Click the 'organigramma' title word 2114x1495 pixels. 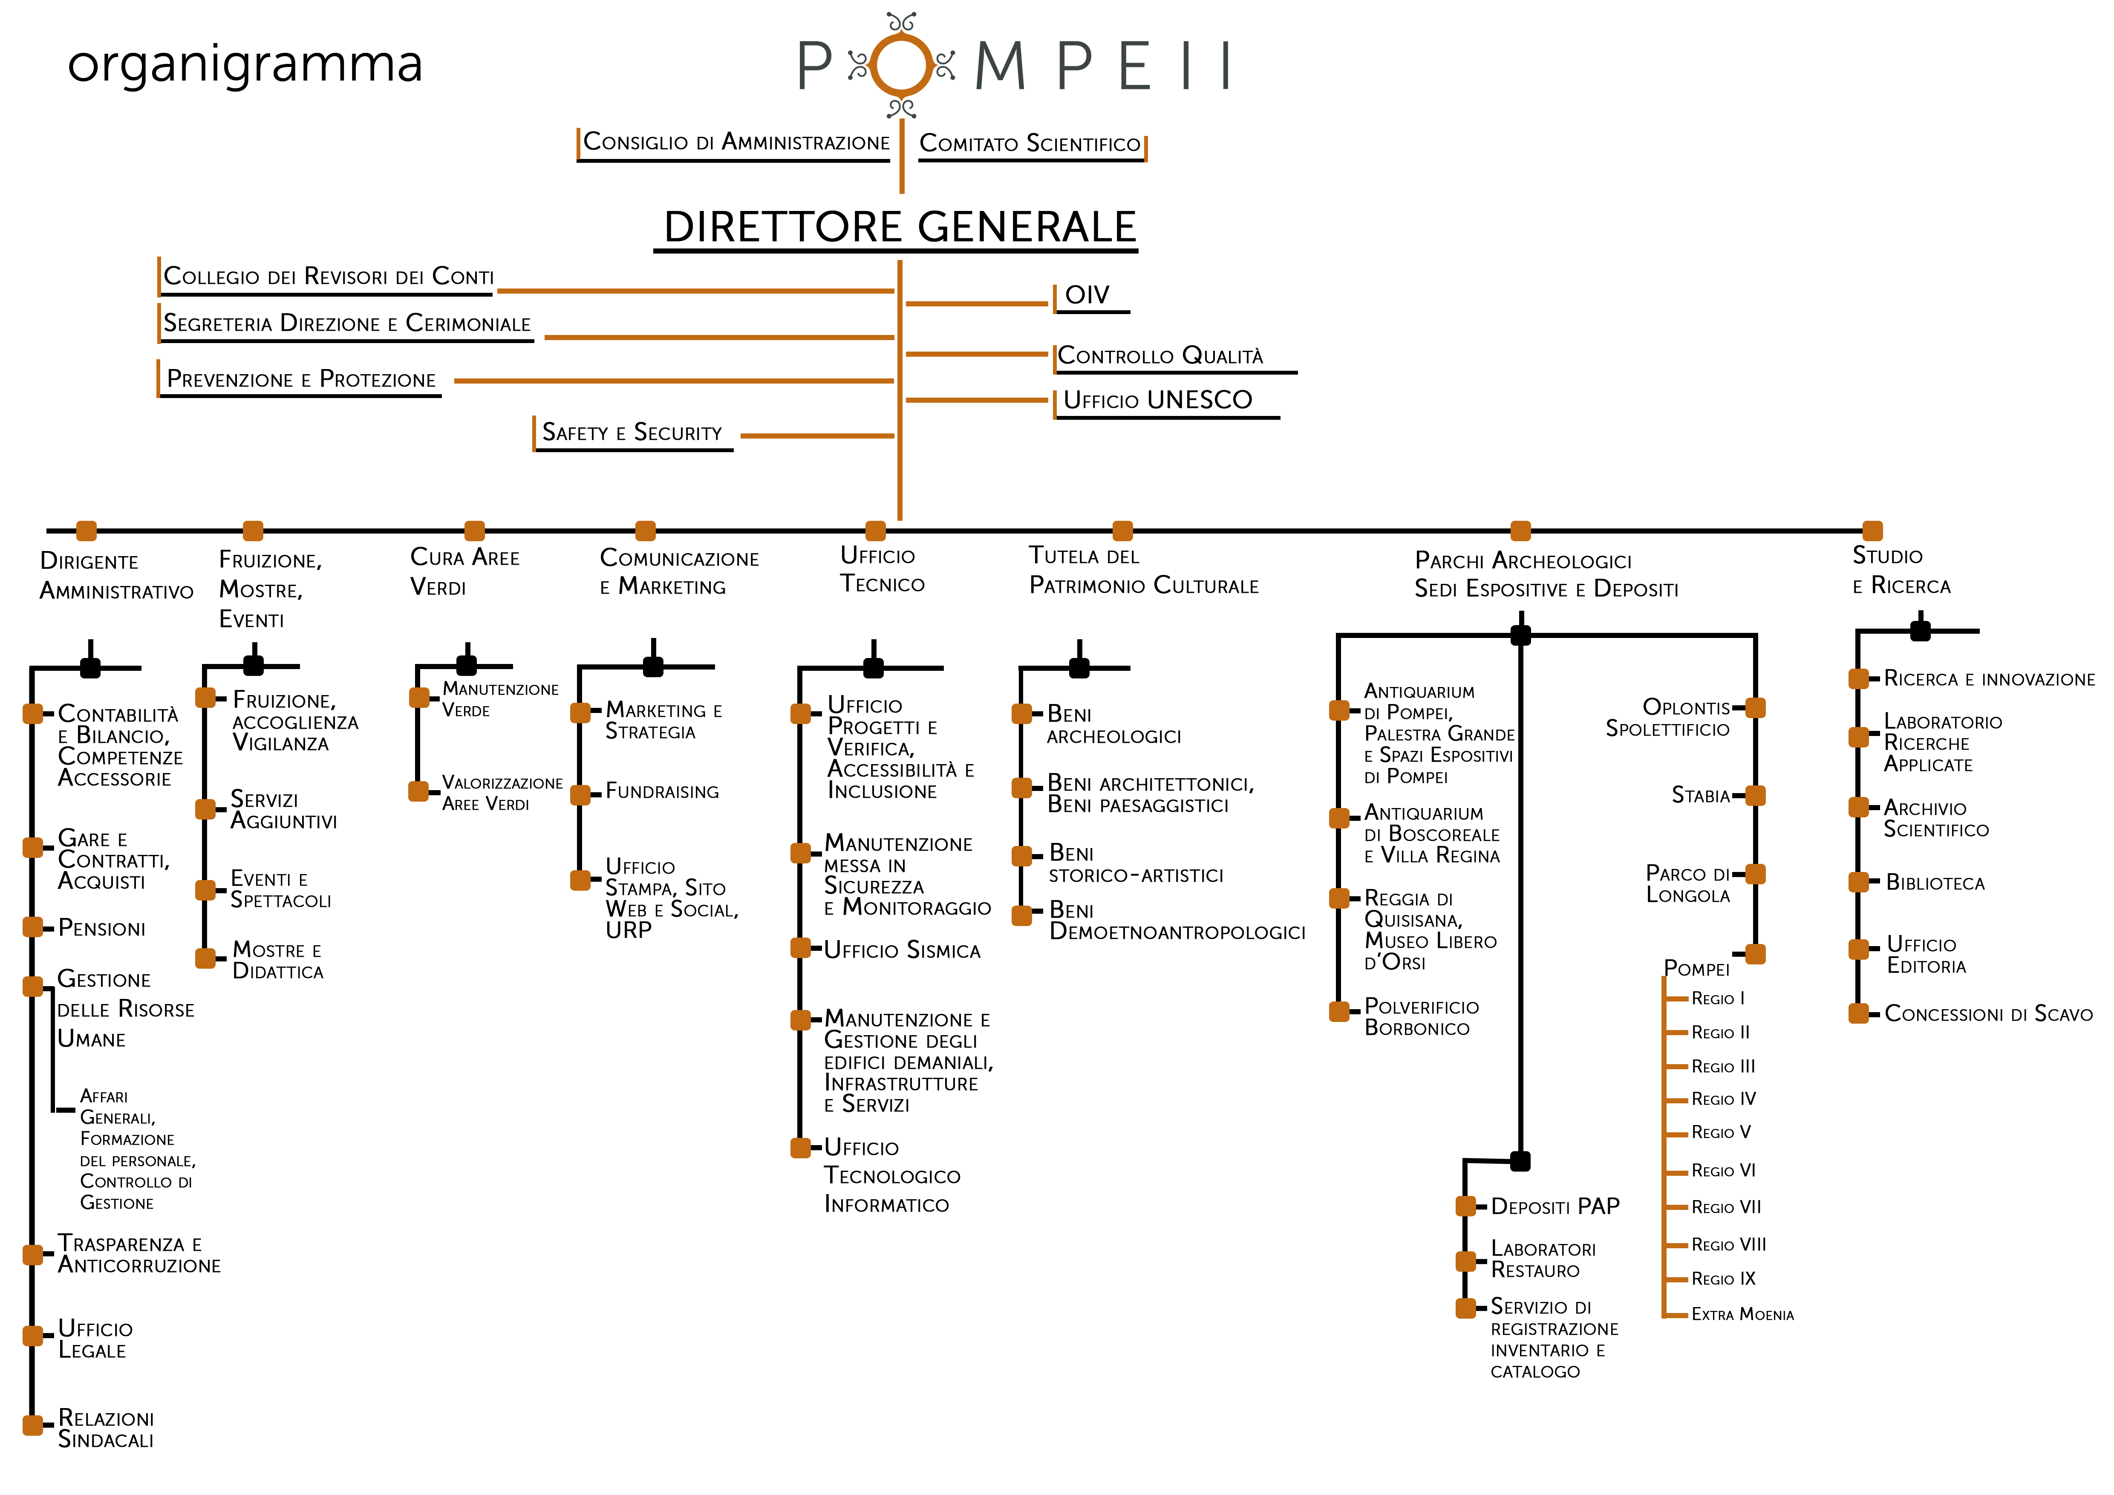245,64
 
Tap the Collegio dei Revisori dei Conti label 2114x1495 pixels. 329,277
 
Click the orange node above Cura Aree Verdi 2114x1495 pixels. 474,531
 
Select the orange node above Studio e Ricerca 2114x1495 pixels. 1872,531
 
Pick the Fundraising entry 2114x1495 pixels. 662,792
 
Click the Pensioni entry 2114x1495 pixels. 101,928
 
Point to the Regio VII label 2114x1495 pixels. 1725,1207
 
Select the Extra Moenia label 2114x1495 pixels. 1742,1315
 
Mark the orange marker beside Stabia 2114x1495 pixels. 1755,795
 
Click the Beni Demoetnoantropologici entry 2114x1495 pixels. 1177,921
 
